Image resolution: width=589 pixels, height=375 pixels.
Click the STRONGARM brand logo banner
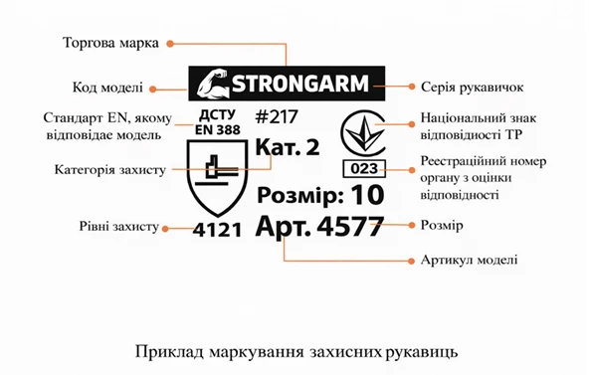pos(286,83)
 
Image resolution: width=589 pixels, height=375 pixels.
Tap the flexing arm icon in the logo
pos(211,83)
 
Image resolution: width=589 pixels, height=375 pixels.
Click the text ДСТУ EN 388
pos(217,120)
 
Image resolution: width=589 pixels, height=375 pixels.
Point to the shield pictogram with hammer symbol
pos(216,176)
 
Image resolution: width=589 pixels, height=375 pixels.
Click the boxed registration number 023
pos(362,167)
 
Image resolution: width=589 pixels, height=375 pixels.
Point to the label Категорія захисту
pos(109,170)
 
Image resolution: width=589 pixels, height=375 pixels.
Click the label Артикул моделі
pos(468,261)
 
